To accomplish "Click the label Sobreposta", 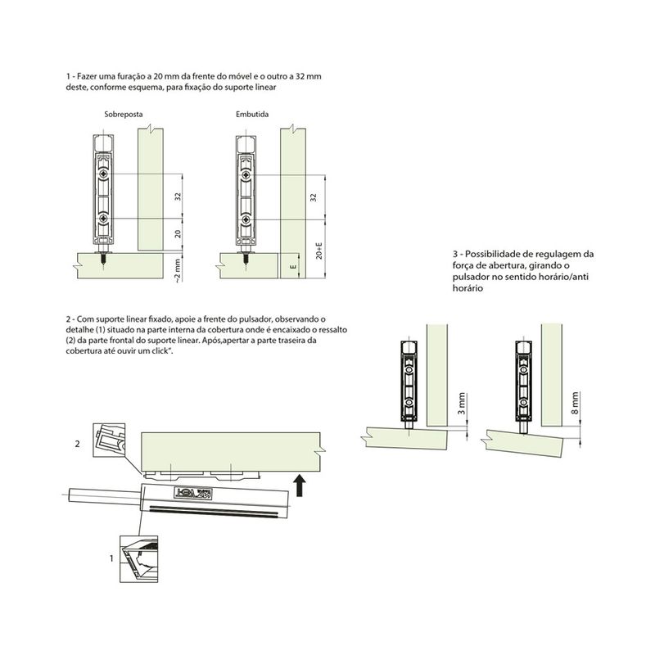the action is click(124, 114).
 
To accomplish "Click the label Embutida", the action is click(252, 114).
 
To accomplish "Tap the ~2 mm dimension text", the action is click(178, 271).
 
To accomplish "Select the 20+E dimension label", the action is click(319, 251).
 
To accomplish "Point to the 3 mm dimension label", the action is click(461, 404).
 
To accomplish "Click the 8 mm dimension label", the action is click(576, 404).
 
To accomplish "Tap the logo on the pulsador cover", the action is click(193, 494).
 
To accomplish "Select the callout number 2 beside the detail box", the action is click(77, 444).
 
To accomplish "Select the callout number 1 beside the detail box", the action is click(111, 558).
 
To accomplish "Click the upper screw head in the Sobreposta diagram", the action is click(103, 174).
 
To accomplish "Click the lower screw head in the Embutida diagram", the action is click(246, 219).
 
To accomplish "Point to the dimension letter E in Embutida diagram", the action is click(294, 267).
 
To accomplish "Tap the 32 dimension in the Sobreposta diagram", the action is click(178, 196).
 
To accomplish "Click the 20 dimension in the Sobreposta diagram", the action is click(178, 234).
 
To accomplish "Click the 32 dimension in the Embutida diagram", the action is click(314, 197).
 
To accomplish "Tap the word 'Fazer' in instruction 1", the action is click(86, 77).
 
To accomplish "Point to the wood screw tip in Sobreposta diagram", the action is click(103, 263).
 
